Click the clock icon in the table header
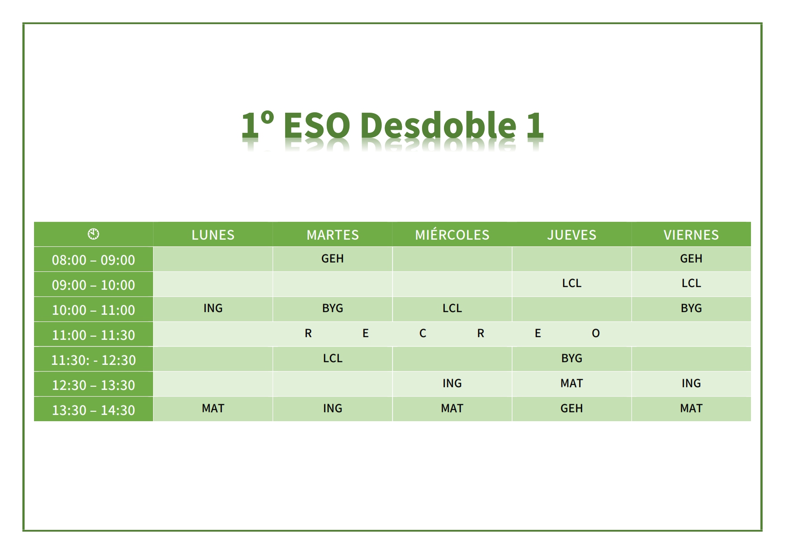(x=94, y=234)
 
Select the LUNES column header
(x=213, y=235)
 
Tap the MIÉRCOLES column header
(x=452, y=234)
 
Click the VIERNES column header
(x=691, y=235)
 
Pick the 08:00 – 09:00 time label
(x=94, y=260)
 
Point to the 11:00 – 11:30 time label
(x=94, y=335)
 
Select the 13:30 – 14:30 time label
(x=94, y=410)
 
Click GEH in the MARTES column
(x=333, y=258)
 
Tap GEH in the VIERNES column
(x=691, y=258)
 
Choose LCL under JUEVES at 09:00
(x=572, y=283)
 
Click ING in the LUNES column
(x=213, y=308)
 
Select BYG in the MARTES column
(x=333, y=308)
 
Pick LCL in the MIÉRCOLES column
(x=452, y=308)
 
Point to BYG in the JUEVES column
(x=572, y=358)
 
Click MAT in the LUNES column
(x=213, y=408)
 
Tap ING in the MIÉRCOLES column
(x=452, y=383)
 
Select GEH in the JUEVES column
(x=572, y=408)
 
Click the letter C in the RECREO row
(x=422, y=333)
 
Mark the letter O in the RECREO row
(x=596, y=333)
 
